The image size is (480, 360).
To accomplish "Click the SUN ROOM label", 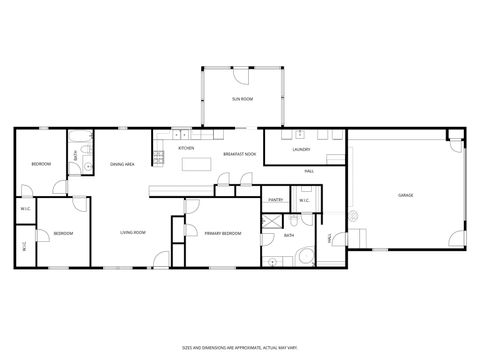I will pyautogui.click(x=242, y=99).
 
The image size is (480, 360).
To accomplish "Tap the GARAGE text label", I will pyautogui.click(x=406, y=195).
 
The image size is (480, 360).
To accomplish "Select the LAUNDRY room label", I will pyautogui.click(x=302, y=150).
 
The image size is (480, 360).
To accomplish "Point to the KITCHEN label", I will pyautogui.click(x=186, y=148).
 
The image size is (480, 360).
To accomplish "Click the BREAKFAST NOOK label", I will pyautogui.click(x=239, y=153).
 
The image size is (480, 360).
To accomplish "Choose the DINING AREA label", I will pyautogui.click(x=123, y=163).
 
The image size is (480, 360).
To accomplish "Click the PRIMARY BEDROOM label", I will pyautogui.click(x=222, y=233).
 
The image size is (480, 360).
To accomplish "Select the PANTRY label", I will pyautogui.click(x=276, y=200).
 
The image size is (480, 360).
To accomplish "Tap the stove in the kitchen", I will pyautogui.click(x=158, y=156).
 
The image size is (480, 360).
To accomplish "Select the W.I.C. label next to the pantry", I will pyautogui.click(x=304, y=200).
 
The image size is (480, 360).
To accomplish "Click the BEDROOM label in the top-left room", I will pyautogui.click(x=41, y=163).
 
